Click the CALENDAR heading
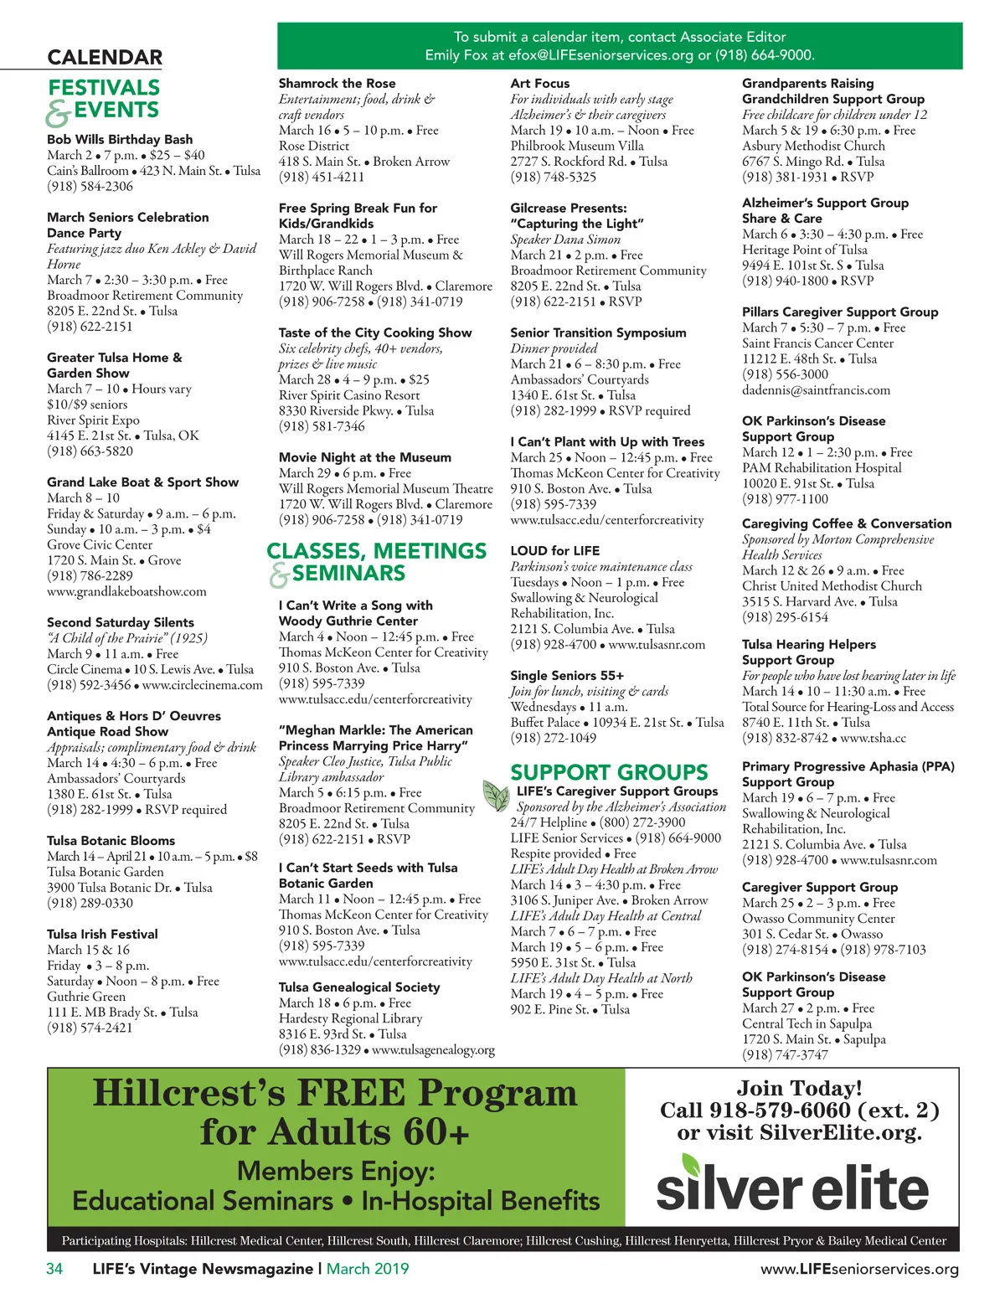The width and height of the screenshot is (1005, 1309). (105, 57)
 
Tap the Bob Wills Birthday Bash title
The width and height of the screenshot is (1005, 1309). (120, 139)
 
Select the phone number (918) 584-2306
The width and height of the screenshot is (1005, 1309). (90, 186)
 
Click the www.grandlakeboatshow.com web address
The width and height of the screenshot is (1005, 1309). (126, 591)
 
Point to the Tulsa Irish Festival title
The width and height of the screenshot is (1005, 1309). (102, 934)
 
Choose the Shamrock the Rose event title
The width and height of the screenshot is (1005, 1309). (337, 83)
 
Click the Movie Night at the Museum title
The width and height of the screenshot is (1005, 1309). (364, 457)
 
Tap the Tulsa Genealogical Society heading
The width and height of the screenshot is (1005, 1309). (359, 987)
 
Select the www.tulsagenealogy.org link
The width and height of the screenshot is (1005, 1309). (433, 1049)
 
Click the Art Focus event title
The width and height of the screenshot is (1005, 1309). (539, 83)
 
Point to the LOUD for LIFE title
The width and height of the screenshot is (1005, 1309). (554, 550)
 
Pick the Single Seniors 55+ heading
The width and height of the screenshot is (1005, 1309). (567, 675)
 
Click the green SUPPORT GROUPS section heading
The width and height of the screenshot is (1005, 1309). (609, 772)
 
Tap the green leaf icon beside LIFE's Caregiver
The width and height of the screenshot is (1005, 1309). (497, 794)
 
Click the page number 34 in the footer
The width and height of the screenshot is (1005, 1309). (54, 1269)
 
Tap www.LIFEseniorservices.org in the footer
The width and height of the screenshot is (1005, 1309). (859, 1269)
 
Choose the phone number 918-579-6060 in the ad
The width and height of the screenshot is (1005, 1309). (780, 1111)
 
